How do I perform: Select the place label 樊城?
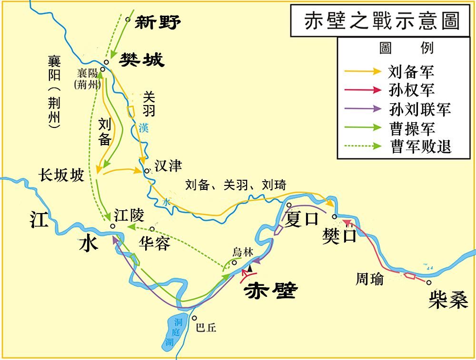pos(142,60)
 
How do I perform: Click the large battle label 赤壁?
pos(269,290)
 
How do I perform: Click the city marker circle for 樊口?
pos(335,217)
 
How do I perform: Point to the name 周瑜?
pos(369,279)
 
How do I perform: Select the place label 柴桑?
pos(447,301)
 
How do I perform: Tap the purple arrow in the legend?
pos(362,108)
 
